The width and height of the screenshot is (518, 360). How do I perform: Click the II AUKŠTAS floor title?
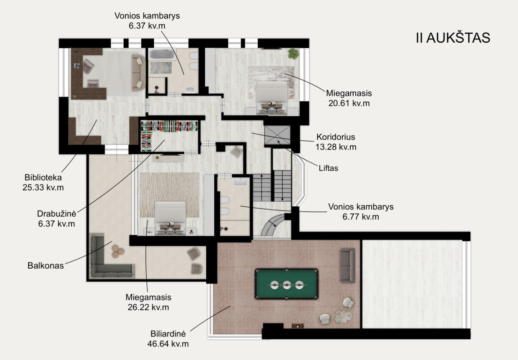(453, 38)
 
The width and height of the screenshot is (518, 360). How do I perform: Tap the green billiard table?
(286, 284)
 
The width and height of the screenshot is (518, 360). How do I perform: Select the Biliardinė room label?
(168, 334)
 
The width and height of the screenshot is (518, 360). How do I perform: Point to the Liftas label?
(328, 168)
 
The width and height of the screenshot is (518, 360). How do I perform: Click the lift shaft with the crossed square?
(277, 135)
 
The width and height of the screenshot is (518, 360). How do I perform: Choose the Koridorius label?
(336, 137)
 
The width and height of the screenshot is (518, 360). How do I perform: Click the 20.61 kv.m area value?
(349, 104)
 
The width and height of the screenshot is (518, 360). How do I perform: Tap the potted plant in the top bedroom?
(293, 53)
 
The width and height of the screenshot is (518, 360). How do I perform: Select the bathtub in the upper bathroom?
(161, 54)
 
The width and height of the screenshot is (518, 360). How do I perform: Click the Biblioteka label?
(43, 177)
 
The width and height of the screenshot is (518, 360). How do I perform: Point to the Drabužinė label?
(57, 213)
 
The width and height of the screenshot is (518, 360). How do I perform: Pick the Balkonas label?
(45, 265)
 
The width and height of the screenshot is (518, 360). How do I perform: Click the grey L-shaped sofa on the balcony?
(109, 261)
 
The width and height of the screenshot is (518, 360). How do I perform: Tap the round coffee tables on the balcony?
(118, 251)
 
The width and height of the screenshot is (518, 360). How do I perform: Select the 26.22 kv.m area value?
(148, 307)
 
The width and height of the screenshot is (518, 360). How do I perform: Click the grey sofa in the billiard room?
(347, 265)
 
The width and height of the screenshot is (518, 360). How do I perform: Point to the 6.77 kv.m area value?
(360, 217)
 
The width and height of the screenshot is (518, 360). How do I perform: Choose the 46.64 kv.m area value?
(168, 344)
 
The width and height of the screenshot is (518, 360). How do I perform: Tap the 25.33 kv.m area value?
(43, 187)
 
